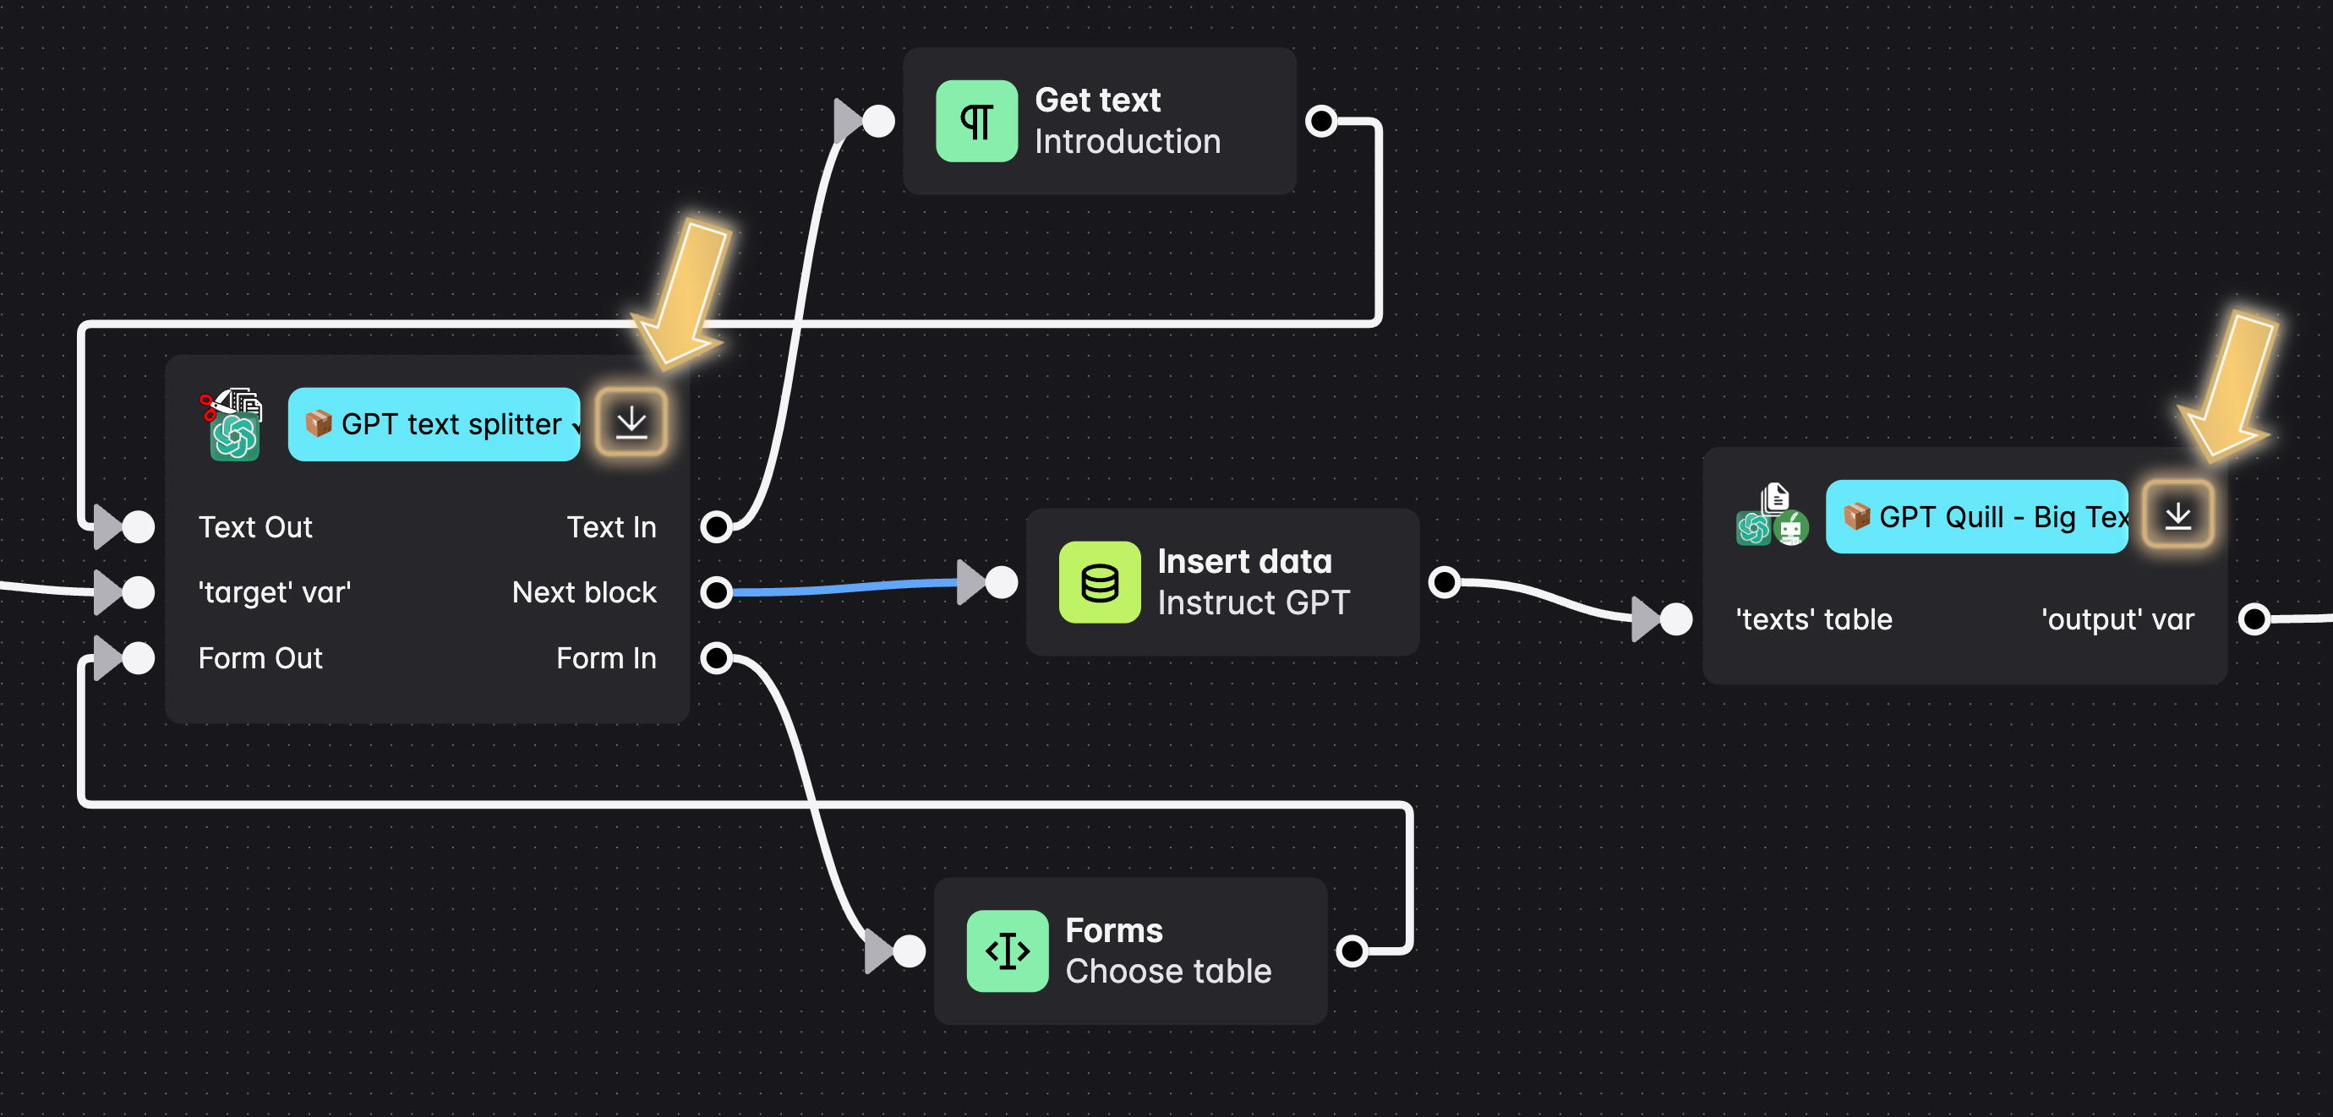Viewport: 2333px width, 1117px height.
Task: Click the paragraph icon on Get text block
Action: (976, 122)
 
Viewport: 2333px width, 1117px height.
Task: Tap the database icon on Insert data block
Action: (1100, 582)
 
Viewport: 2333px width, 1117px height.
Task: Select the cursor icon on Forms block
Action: (1007, 951)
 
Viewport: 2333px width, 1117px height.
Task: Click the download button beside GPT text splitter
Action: (631, 422)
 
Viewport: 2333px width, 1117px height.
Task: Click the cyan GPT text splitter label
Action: (434, 424)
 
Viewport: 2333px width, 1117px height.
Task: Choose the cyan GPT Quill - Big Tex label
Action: (1976, 517)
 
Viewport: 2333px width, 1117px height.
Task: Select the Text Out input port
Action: (138, 527)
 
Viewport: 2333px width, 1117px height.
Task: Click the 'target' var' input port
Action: (138, 593)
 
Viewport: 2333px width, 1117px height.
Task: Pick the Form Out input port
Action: (138, 658)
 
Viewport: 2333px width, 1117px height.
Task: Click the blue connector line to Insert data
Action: (842, 588)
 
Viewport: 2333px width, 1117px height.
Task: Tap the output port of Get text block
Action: (1321, 122)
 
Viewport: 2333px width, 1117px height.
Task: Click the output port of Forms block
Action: (1352, 951)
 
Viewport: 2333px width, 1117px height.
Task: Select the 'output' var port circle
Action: (2254, 620)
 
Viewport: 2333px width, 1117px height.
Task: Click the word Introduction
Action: (1128, 142)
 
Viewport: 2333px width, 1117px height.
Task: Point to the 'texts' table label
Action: (1813, 620)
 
